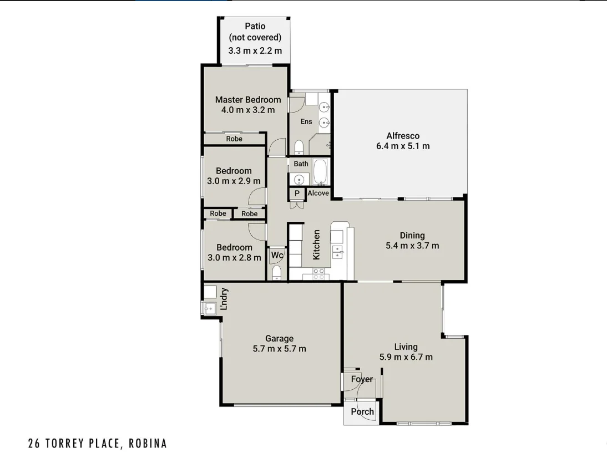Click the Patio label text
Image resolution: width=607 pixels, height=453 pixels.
point(255,26)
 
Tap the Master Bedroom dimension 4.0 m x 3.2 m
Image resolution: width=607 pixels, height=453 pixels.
point(248,110)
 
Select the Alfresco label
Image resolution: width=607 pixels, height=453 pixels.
point(403,135)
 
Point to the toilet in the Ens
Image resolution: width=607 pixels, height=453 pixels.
point(299,147)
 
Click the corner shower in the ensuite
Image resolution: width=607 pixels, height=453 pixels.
point(321,143)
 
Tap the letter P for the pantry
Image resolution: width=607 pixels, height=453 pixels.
point(297,194)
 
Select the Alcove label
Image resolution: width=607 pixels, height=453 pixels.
point(318,193)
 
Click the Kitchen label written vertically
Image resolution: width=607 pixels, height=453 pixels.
point(316,245)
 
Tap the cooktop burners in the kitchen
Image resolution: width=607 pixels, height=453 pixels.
point(319,273)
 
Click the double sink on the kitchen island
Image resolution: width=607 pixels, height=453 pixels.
point(337,253)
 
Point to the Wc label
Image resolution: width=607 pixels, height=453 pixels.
point(277,255)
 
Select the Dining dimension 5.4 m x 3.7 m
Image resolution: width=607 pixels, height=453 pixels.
point(412,245)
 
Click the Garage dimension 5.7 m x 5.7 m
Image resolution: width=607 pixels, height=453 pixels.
point(279,349)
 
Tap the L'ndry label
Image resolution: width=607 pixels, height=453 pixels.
point(225,299)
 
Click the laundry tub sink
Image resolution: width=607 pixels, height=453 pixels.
point(209,309)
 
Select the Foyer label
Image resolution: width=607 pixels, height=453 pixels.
point(362,379)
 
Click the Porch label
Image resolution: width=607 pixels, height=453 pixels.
point(362,412)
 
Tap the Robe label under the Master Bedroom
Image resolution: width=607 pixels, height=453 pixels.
point(234,139)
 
